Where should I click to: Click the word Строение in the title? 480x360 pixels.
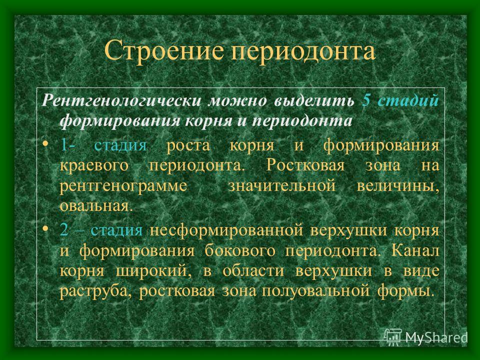[x=164, y=50]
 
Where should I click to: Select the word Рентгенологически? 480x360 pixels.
[x=121, y=101]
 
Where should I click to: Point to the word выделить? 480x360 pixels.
[x=314, y=101]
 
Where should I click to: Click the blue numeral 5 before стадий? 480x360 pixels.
[x=366, y=100]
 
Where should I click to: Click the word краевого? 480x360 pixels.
[x=94, y=165]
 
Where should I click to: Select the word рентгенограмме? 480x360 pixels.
[x=123, y=186]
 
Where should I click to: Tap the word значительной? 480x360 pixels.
[x=281, y=185]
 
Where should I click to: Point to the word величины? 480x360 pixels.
[x=397, y=186]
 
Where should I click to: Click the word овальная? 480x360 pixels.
[x=96, y=205]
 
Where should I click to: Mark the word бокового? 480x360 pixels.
[x=240, y=250]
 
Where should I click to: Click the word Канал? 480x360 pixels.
[x=415, y=250]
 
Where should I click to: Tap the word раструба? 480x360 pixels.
[x=96, y=291]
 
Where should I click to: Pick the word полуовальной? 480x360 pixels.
[x=315, y=291]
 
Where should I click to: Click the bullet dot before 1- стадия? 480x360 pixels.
[x=45, y=143]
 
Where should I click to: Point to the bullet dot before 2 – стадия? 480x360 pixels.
[x=45, y=228]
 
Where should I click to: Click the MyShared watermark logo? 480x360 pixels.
[x=425, y=336]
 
